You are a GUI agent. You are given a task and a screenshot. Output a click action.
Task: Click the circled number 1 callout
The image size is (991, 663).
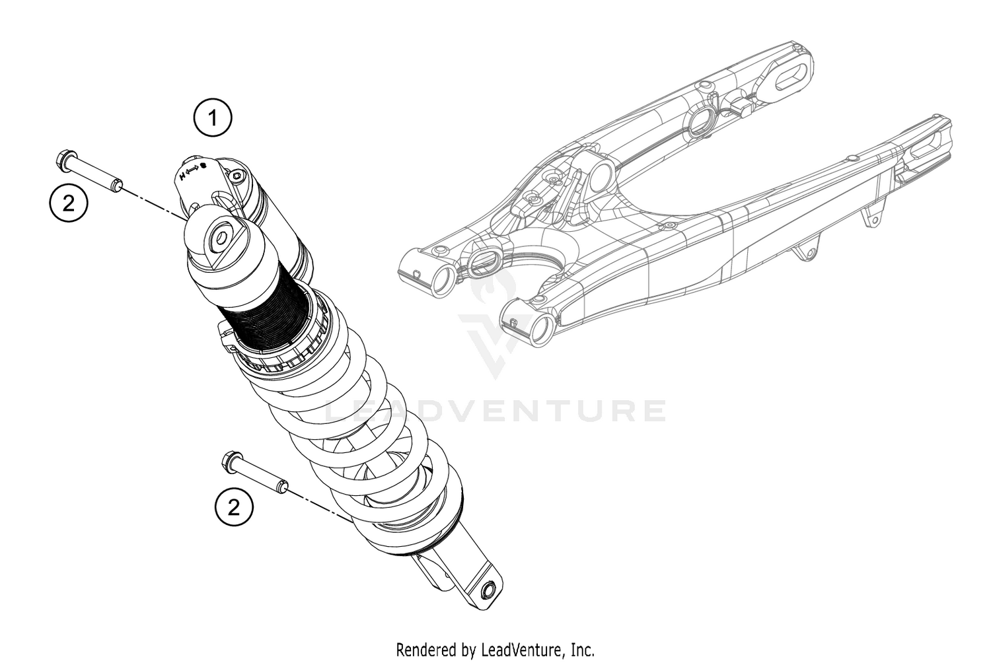pos(213,119)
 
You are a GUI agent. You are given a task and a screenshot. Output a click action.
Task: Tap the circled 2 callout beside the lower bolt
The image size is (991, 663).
pos(234,508)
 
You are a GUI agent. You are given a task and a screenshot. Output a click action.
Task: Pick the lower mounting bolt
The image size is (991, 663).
pos(254,473)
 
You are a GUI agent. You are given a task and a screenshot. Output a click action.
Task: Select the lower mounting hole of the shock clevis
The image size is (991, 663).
pos(490,590)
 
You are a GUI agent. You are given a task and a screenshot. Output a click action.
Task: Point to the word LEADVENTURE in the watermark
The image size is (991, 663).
pos(495,411)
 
